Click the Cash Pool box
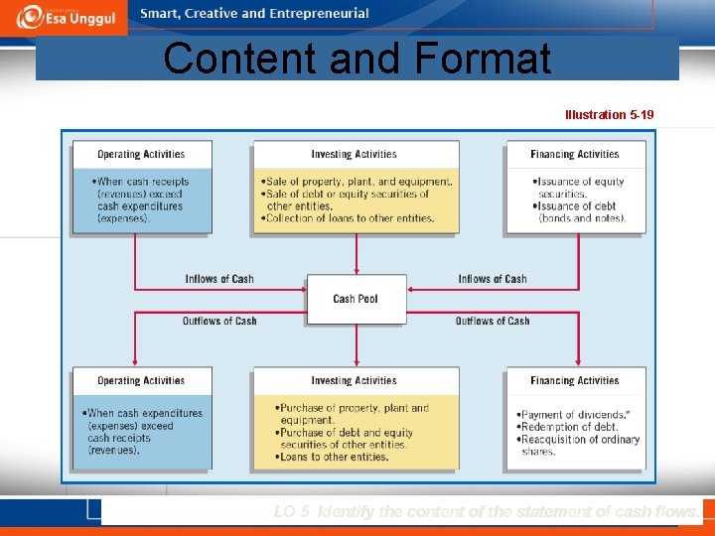pyautogui.click(x=356, y=299)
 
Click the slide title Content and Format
pyautogui.click(x=357, y=59)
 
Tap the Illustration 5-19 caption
pyautogui.click(x=609, y=115)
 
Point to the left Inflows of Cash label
pyautogui.click(x=219, y=279)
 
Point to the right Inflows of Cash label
pyautogui.click(x=493, y=279)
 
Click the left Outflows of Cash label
pyautogui.click(x=219, y=321)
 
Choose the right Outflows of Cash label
pyautogui.click(x=493, y=321)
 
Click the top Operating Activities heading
pyautogui.click(x=141, y=155)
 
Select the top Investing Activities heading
pyautogui.click(x=354, y=155)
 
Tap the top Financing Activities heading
pyautogui.click(x=574, y=155)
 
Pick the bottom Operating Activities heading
pyautogui.click(x=141, y=381)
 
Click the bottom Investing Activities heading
pyautogui.click(x=354, y=381)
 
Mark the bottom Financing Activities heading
pyautogui.click(x=574, y=381)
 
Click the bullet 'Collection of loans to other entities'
pyautogui.click(x=350, y=218)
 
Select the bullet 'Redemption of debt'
pyautogui.click(x=568, y=427)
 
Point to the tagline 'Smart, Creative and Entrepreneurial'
pyautogui.click(x=254, y=14)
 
